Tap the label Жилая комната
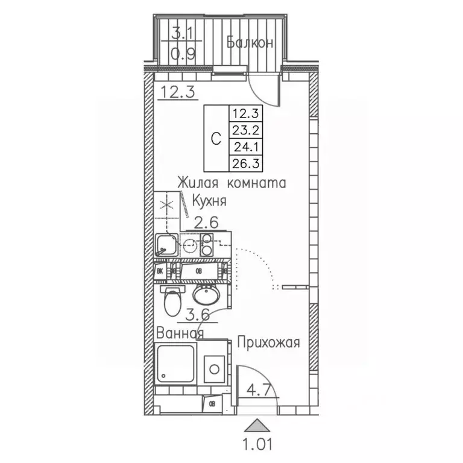click(x=231, y=183)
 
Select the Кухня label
click(x=209, y=201)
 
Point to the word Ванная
click(x=180, y=333)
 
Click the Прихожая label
click(x=268, y=344)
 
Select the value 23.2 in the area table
click(x=244, y=130)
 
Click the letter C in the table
click(x=215, y=138)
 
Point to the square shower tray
click(x=175, y=364)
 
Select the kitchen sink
click(x=165, y=245)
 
